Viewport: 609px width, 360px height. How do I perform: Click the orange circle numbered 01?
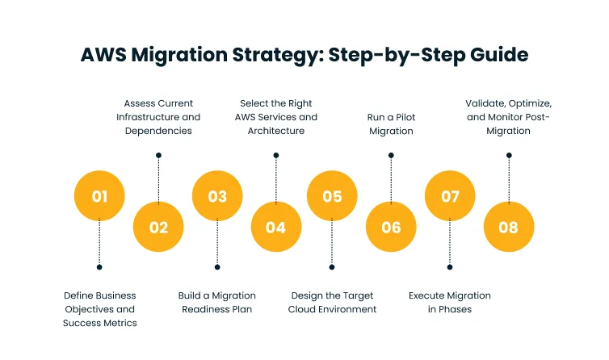coord(99,196)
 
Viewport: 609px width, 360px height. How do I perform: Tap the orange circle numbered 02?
coord(158,227)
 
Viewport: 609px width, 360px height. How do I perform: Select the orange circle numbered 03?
coord(217,196)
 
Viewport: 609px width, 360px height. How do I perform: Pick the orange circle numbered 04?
coord(275,227)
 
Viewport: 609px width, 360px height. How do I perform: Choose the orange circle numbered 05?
coord(332,196)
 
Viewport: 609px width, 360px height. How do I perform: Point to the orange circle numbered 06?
coord(391,227)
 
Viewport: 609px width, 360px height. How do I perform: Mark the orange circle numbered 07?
coord(450,196)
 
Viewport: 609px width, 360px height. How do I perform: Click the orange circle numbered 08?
coord(508,227)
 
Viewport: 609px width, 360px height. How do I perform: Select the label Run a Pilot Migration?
coord(391,123)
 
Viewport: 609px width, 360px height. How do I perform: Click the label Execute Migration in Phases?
coord(450,302)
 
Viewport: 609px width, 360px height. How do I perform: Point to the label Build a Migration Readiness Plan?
coord(217,302)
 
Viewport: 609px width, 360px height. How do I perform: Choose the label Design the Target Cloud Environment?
coord(332,302)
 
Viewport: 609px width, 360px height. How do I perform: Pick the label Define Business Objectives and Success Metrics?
coord(100,309)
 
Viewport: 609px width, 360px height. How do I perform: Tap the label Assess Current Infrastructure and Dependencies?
coord(158,116)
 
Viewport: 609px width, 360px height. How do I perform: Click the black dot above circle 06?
coord(391,155)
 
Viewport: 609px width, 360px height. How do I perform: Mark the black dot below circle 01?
coord(99,267)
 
